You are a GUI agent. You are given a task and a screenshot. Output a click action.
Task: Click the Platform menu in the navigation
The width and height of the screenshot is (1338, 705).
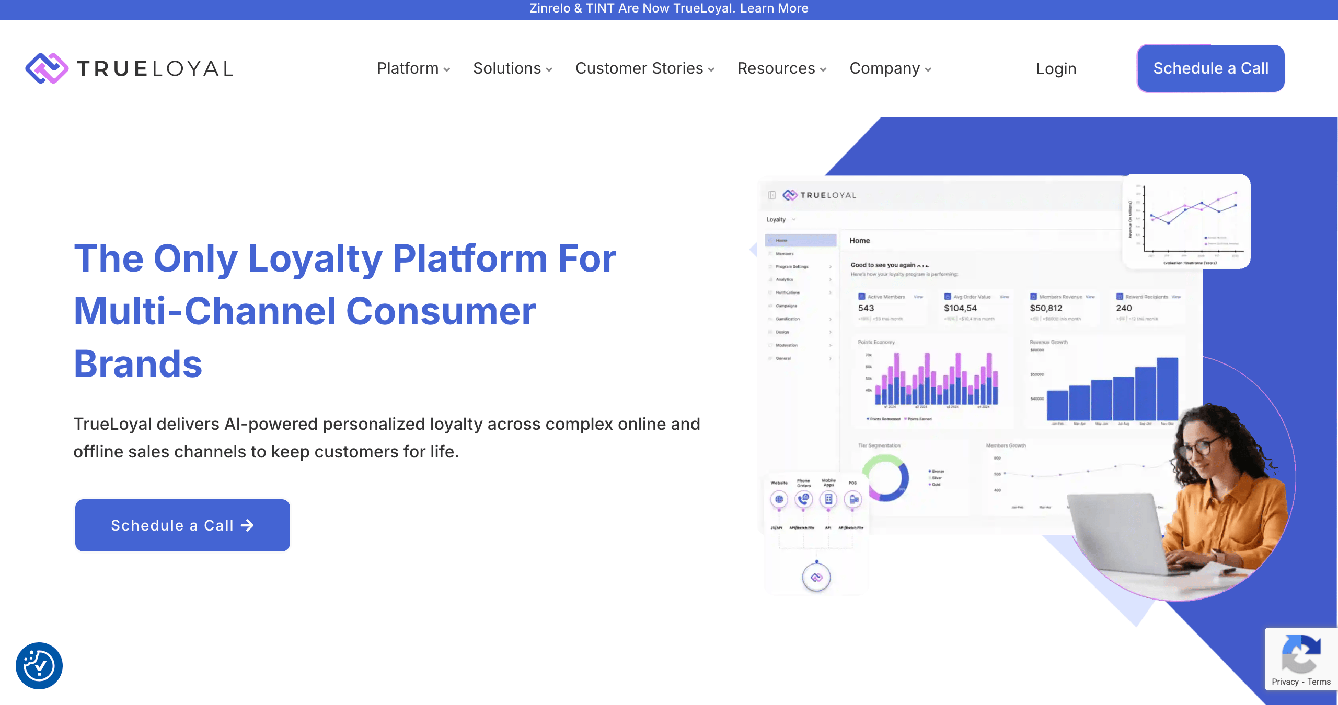413,68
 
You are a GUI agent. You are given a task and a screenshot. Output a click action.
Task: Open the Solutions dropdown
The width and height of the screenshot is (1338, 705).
512,68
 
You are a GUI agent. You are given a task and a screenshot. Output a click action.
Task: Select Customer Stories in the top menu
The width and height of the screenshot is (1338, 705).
644,68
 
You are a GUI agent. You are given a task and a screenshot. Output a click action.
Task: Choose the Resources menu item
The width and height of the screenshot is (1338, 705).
781,68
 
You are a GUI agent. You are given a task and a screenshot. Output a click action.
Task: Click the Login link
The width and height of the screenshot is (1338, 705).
1056,69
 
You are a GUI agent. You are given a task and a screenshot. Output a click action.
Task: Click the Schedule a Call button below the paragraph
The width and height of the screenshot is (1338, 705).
182,525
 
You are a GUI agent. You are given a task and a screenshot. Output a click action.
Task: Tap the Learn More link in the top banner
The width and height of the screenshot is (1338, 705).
774,8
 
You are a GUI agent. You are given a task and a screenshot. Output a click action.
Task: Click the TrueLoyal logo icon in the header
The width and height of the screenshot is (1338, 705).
47,68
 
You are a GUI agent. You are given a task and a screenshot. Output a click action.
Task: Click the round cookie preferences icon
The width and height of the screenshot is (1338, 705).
39,666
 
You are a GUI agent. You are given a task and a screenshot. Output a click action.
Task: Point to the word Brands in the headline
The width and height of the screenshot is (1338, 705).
138,364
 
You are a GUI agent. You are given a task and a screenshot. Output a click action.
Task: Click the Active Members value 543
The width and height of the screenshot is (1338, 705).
866,308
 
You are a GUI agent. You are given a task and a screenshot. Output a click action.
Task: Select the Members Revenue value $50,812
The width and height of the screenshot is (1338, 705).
1046,308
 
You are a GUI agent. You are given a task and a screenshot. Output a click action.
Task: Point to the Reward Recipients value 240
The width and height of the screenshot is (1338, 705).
1124,308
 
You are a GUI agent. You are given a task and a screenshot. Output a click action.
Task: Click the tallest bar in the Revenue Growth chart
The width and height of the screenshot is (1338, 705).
1167,389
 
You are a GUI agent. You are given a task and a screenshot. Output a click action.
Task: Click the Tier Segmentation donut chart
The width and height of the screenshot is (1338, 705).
885,478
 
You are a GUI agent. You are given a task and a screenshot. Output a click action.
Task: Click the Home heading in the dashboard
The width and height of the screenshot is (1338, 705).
860,241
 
